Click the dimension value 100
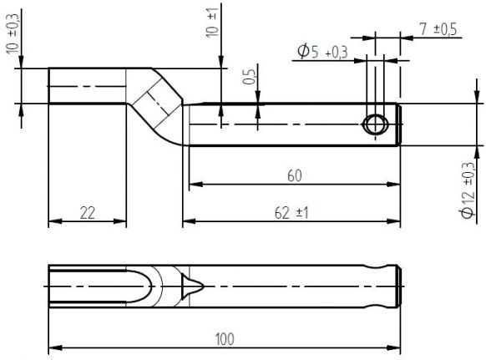pos(225,338)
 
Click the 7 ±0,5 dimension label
pos(437,28)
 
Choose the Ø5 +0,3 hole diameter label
pos(322,53)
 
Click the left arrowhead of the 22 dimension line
pos(53,221)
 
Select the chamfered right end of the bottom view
pos(398,285)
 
